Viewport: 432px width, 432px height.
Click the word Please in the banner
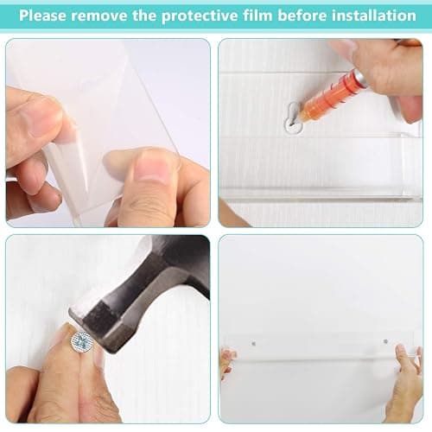click(x=42, y=16)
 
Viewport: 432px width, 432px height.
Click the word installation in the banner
click(x=374, y=16)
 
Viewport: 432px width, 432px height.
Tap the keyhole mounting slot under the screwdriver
click(x=293, y=119)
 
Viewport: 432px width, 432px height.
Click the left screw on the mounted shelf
click(x=253, y=343)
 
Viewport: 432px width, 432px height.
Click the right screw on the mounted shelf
click(x=385, y=341)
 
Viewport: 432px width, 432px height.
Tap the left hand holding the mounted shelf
click(x=227, y=363)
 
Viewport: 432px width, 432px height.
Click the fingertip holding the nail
click(x=67, y=334)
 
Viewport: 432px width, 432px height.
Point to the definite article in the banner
click(x=144, y=16)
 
